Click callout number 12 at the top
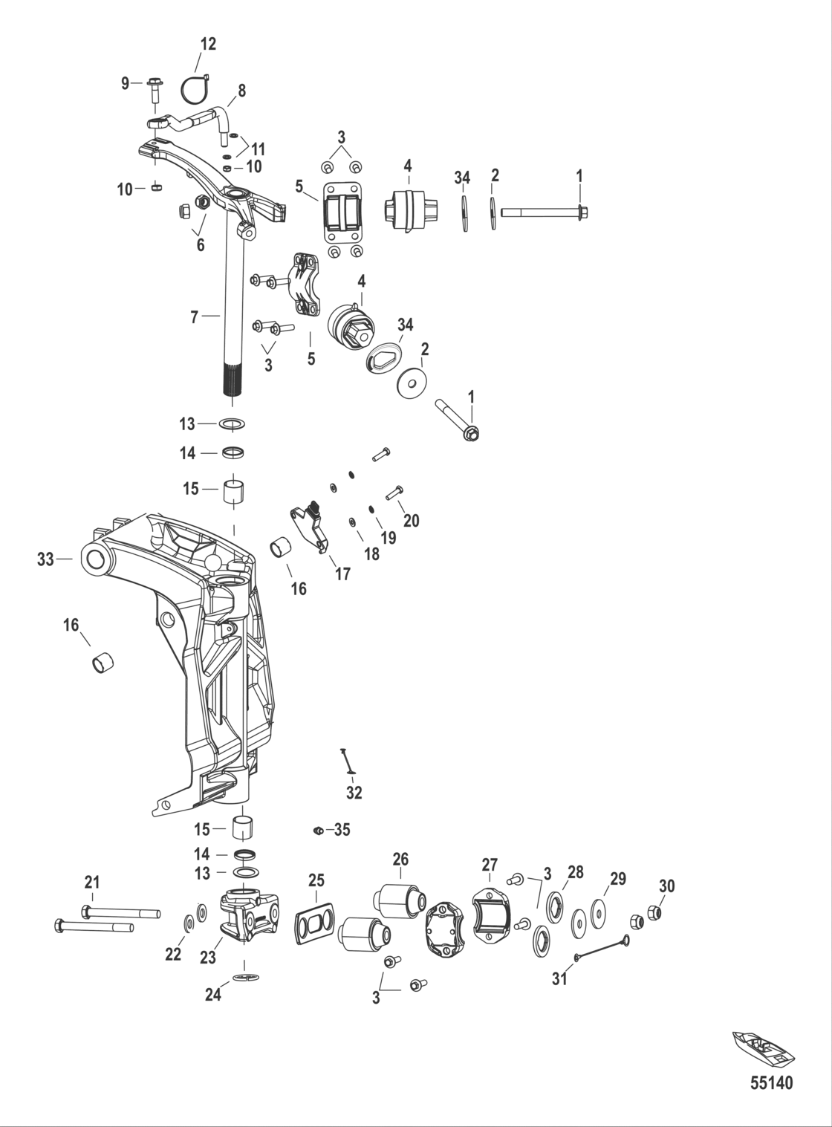(x=209, y=44)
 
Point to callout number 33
(x=46, y=559)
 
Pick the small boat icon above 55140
(x=763, y=1048)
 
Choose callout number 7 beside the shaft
(x=195, y=317)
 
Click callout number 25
(x=316, y=880)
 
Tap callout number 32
(x=354, y=793)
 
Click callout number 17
(x=342, y=574)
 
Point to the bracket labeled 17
(x=311, y=524)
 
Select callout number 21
(x=92, y=883)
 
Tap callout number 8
(x=241, y=91)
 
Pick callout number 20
(x=411, y=521)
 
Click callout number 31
(x=559, y=978)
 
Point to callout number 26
(x=400, y=860)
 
